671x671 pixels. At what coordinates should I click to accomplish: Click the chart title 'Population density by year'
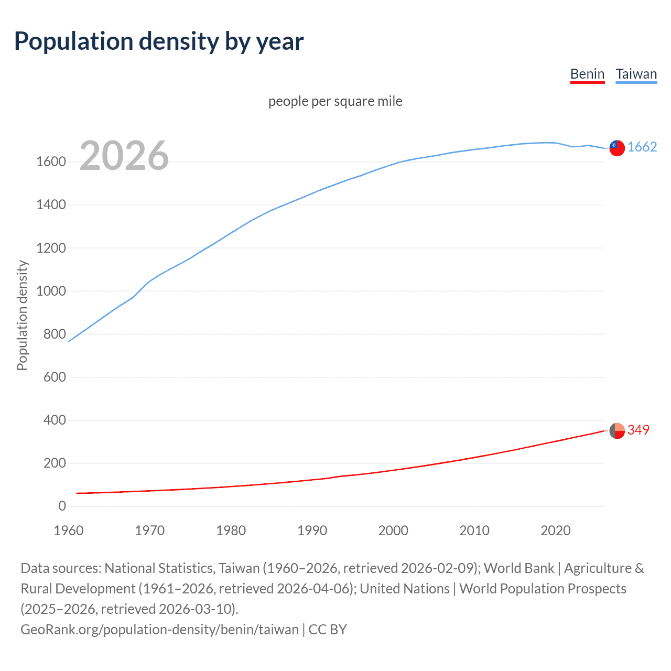point(159,41)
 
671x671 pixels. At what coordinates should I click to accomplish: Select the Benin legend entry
point(587,74)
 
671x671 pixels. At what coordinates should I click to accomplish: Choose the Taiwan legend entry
point(636,74)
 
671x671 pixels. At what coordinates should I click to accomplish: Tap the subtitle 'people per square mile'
point(335,101)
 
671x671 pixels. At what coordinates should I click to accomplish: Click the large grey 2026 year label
point(124,156)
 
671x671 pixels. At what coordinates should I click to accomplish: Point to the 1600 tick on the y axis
point(51,162)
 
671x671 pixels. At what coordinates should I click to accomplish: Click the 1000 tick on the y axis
point(51,291)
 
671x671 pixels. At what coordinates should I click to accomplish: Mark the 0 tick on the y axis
point(62,506)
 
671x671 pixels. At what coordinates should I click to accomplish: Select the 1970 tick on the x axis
point(149,531)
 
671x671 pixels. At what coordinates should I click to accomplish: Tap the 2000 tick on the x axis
point(393,531)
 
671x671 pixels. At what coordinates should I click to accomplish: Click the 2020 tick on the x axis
point(555,531)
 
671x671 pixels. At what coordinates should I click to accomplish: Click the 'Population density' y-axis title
point(22,316)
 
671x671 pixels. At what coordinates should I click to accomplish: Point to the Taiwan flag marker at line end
point(617,148)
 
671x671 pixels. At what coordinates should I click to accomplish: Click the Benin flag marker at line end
point(617,431)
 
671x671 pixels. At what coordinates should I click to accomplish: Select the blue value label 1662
point(642,147)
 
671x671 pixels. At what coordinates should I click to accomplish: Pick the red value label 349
point(638,430)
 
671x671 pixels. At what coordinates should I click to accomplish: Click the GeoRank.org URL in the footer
point(159,630)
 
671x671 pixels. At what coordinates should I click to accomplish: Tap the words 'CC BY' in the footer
point(328,630)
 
